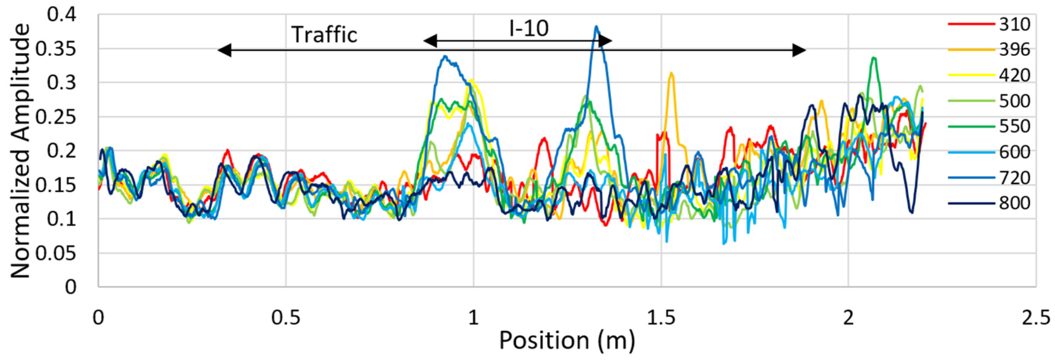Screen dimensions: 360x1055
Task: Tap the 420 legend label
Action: point(1014,75)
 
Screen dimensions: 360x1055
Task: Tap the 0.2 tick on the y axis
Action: point(62,151)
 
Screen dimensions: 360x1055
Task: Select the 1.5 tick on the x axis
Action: point(661,317)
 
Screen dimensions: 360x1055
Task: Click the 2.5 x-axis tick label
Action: point(1036,317)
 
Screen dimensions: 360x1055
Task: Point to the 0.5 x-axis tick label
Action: point(286,317)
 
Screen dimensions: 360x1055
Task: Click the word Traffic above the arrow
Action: point(324,35)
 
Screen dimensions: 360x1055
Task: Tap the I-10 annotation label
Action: point(529,29)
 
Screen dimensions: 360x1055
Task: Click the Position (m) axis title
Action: point(567,341)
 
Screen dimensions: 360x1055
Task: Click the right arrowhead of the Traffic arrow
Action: point(799,50)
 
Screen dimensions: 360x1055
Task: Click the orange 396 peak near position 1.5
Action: point(671,74)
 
